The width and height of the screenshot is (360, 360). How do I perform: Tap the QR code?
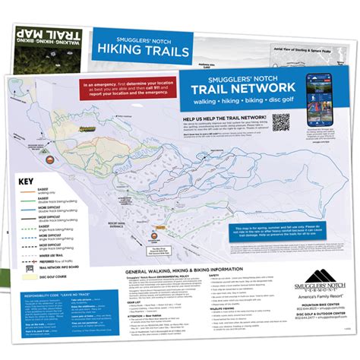282,122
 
